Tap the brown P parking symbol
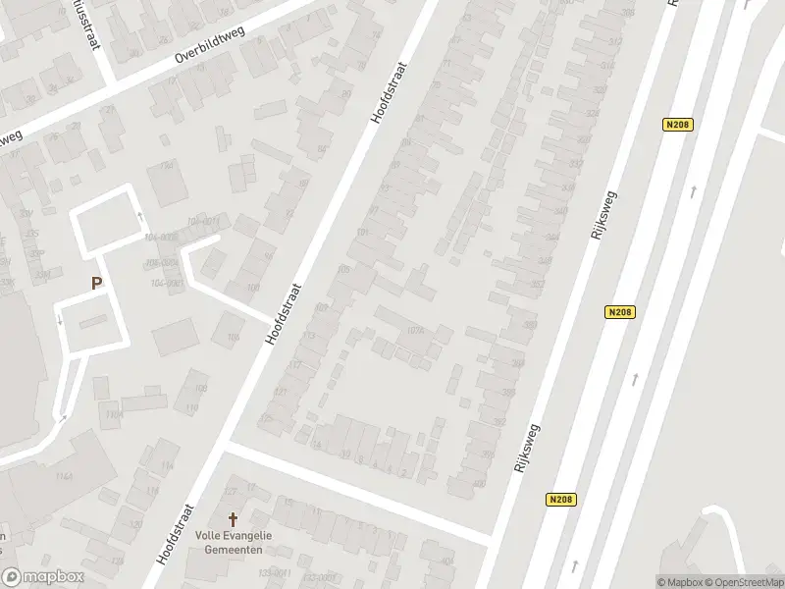click(96, 284)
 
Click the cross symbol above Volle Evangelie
click(234, 519)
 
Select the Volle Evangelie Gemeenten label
click(235, 543)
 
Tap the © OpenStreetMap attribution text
click(743, 582)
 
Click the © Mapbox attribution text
click(679, 582)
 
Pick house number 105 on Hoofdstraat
click(343, 270)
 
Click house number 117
click(294, 364)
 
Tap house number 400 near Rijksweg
click(480, 483)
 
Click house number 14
click(316, 445)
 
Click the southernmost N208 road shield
click(560, 500)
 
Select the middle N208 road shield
click(620, 312)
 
